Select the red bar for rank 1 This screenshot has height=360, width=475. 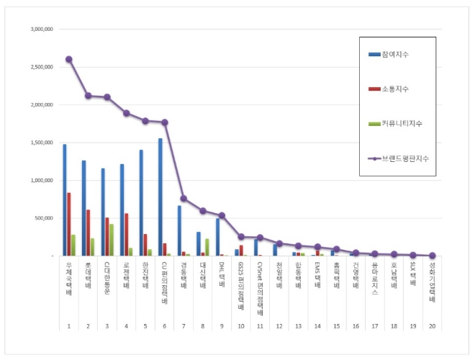coord(68,224)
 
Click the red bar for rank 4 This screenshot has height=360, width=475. coord(126,234)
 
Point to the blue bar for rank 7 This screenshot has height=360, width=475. coord(179,230)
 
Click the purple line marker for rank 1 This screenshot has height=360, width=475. coord(68,59)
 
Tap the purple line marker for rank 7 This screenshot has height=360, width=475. coord(184,198)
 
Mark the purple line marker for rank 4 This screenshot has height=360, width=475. coord(126,113)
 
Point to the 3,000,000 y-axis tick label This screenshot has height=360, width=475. coord(41,30)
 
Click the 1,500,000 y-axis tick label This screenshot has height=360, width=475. coord(41,143)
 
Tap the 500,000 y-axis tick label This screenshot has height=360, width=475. coord(43,217)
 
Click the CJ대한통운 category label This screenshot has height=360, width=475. coord(107,276)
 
